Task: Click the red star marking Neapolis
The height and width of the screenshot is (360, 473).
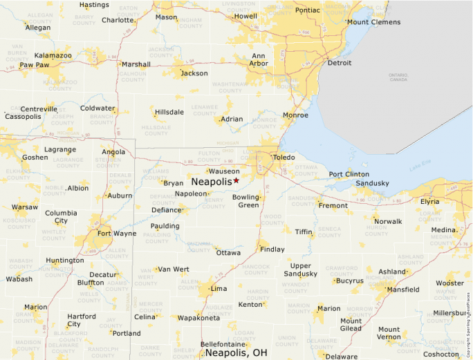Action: (236, 180)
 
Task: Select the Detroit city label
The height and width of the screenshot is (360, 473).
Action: (339, 63)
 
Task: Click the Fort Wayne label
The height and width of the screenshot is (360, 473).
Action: (116, 233)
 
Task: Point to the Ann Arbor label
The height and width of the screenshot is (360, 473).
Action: (259, 60)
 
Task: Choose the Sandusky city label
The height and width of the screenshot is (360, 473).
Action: (372, 183)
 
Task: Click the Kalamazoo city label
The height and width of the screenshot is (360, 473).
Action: (53, 55)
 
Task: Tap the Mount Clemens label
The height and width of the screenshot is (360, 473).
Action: (373, 22)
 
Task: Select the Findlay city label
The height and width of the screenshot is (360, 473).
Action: (272, 249)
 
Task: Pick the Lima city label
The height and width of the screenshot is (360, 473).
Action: (219, 288)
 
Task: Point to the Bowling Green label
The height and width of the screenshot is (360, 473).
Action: (248, 201)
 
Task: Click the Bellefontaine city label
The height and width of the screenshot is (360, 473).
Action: (223, 343)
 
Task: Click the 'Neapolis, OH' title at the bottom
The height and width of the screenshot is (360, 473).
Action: (236, 353)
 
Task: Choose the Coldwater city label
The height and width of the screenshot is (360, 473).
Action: (98, 108)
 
